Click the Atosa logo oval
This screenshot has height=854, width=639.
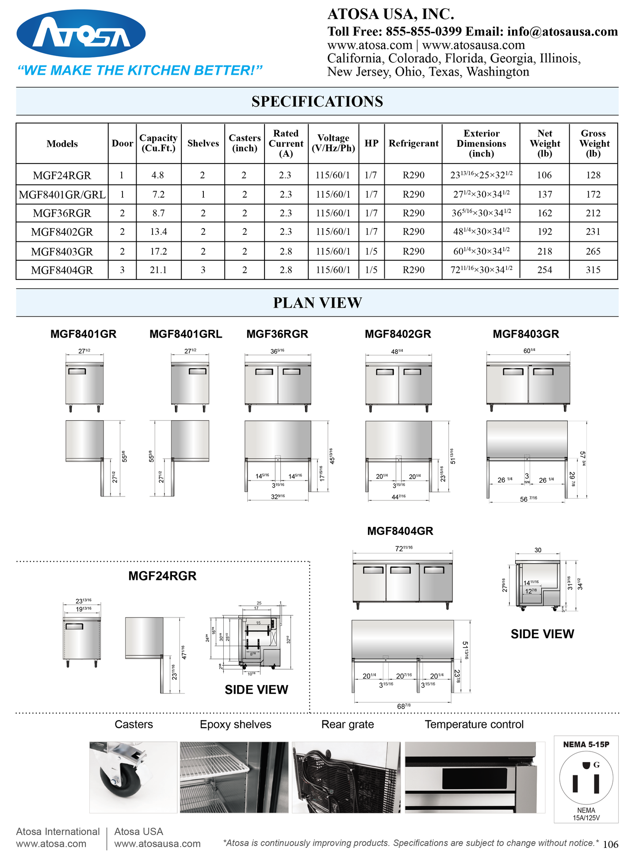[81, 34]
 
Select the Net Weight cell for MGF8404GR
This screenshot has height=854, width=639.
[544, 270]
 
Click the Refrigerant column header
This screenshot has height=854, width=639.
[413, 143]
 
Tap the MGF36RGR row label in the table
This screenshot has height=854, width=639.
[62, 213]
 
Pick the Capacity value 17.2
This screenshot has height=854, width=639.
[158, 252]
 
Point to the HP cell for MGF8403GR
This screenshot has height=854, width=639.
[371, 252]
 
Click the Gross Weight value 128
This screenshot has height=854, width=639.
[593, 175]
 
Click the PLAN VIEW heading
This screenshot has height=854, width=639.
[318, 303]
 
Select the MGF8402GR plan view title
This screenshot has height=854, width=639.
[398, 334]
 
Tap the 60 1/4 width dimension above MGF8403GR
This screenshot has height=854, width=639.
[529, 351]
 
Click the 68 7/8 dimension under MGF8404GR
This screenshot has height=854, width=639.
[403, 706]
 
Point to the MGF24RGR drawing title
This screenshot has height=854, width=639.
[162, 576]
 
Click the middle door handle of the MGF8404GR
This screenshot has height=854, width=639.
[400, 570]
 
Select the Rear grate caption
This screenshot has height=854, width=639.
[348, 724]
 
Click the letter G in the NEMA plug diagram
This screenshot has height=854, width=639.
[597, 765]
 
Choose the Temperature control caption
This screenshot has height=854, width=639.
[474, 724]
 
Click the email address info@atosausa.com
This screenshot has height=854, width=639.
[562, 31]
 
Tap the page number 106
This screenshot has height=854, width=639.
[610, 844]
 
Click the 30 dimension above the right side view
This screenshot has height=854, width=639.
[538, 550]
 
